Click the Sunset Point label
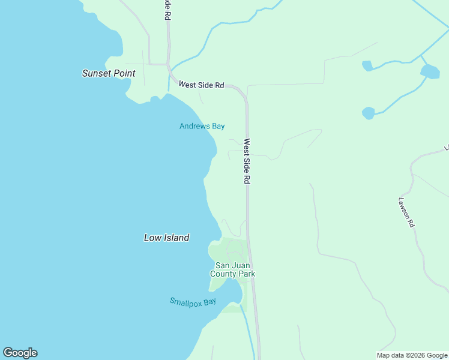click(109, 73)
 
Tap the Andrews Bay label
click(202, 126)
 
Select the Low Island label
click(167, 238)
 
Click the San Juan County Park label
click(232, 269)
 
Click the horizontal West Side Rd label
click(201, 85)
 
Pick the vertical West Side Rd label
click(246, 161)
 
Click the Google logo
click(20, 353)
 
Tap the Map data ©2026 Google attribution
click(412, 355)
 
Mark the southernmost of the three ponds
click(368, 112)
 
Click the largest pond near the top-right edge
click(430, 72)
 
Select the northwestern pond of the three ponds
click(367, 65)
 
